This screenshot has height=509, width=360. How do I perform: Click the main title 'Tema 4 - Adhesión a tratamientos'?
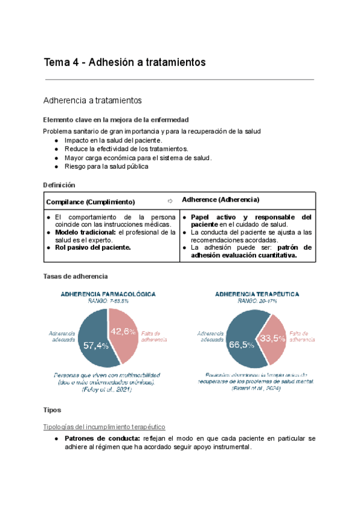pyautogui.click(x=125, y=62)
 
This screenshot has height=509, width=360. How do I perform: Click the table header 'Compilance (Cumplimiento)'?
pyautogui.click(x=91, y=202)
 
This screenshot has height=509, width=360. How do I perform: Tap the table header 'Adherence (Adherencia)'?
pyautogui.click(x=220, y=199)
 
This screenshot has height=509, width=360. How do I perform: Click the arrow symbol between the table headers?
pyautogui.click(x=170, y=201)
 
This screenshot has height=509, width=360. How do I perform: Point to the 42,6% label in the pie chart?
pyautogui.click(x=123, y=331)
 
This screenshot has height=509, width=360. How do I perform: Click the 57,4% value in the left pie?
pyautogui.click(x=96, y=345)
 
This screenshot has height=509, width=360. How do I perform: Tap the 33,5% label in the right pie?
pyautogui.click(x=272, y=338)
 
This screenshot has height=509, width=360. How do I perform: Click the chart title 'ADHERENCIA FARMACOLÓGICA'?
pyautogui.click(x=107, y=294)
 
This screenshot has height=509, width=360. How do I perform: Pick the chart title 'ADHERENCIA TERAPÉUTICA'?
pyautogui.click(x=250, y=294)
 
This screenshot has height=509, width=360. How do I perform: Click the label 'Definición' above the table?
pyautogui.click(x=59, y=185)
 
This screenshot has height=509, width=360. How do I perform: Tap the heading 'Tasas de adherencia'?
pyautogui.click(x=76, y=276)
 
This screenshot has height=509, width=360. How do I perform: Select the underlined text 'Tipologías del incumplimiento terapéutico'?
pyautogui.click(x=104, y=427)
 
